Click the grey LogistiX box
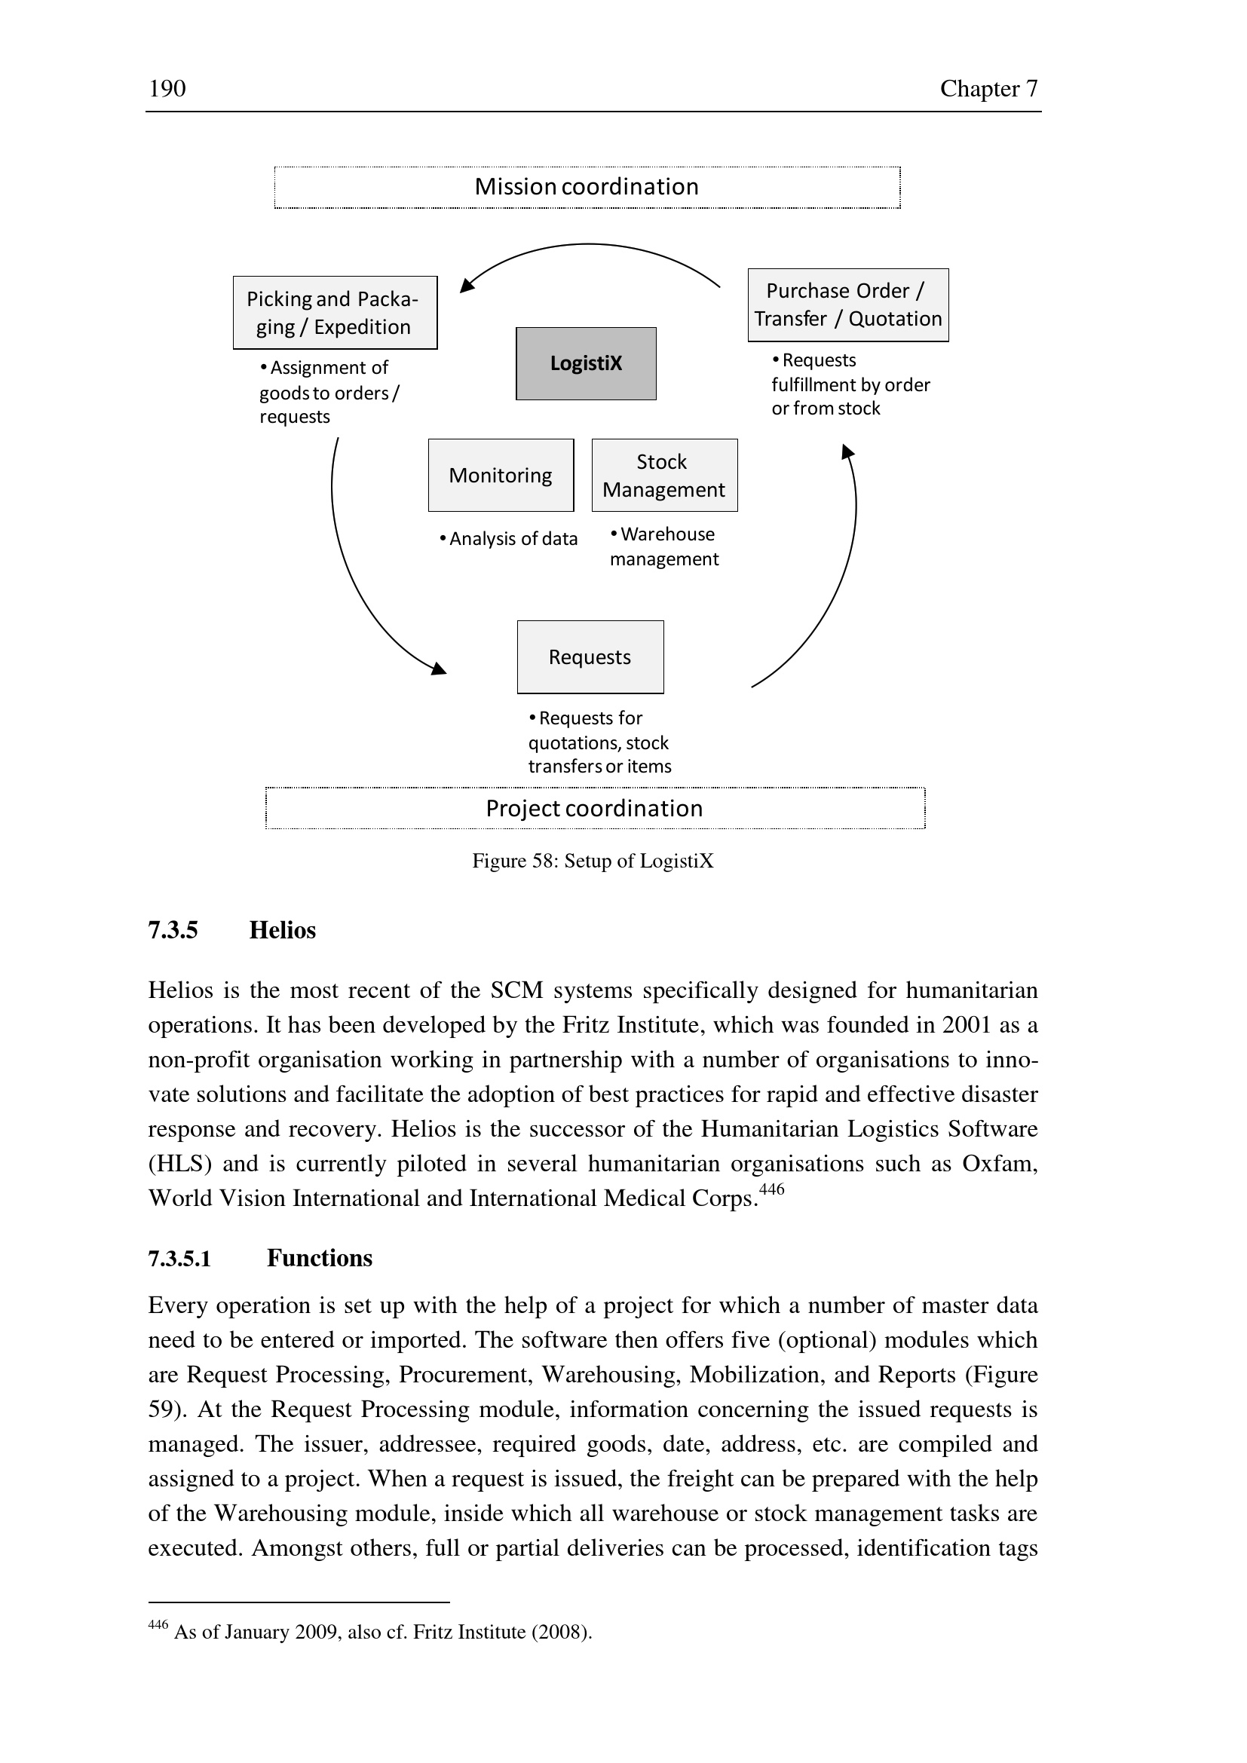[x=586, y=363]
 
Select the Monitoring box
[x=501, y=476]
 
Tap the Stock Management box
[x=664, y=476]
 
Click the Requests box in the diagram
[x=590, y=657]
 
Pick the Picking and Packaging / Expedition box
[x=335, y=313]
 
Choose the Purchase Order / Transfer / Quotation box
[x=847, y=305]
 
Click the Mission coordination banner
[x=587, y=187]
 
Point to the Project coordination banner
[x=594, y=809]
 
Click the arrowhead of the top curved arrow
[x=465, y=286]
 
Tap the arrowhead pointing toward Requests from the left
[x=440, y=669]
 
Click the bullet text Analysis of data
[x=508, y=539]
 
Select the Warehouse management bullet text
[x=664, y=546]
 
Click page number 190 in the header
[x=167, y=89]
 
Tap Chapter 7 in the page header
[x=988, y=89]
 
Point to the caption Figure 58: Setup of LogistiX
[x=593, y=861]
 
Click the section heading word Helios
[x=283, y=931]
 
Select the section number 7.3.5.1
[x=179, y=1259]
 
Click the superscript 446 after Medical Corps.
[x=772, y=1189]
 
